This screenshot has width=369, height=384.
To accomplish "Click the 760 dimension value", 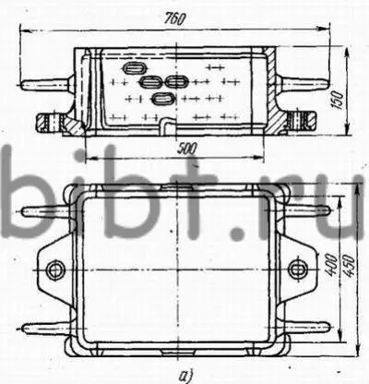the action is tap(174, 18).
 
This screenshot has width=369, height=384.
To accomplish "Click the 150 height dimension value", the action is tap(339, 100).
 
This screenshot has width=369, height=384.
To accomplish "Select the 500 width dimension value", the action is tap(186, 149).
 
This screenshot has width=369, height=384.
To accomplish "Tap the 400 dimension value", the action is tap(330, 264).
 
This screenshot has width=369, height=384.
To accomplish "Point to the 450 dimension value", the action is tap(350, 266).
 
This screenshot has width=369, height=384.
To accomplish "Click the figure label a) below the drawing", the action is tap(185, 376).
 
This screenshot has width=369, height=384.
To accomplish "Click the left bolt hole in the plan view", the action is tap(55, 270).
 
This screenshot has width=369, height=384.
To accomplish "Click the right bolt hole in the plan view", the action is tap(298, 270).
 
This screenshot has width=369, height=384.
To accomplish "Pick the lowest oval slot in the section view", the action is tap(163, 99).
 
